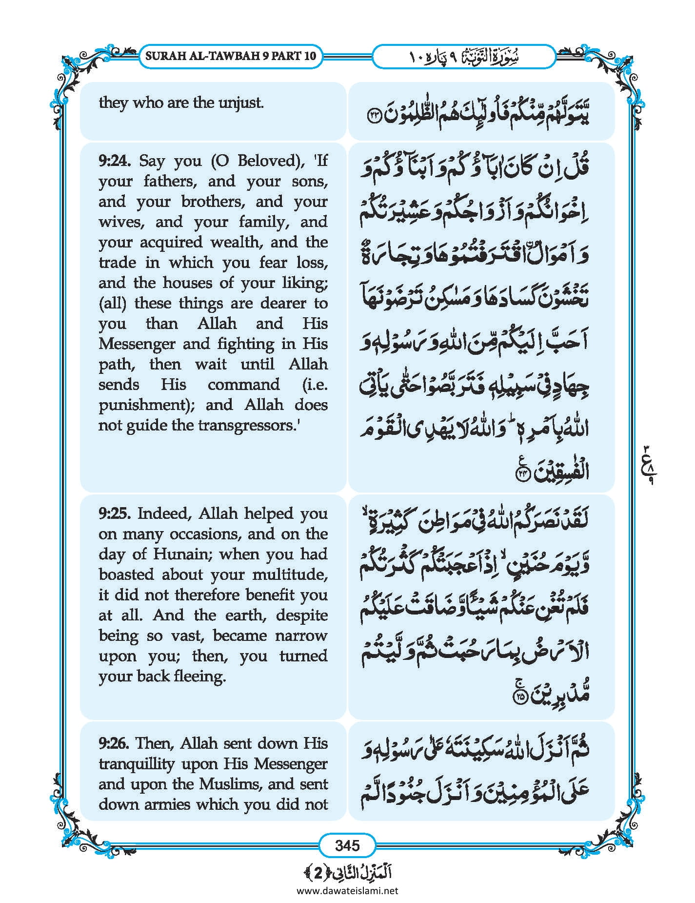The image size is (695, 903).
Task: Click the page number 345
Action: click(347, 845)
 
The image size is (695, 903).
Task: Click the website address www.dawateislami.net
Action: click(347, 890)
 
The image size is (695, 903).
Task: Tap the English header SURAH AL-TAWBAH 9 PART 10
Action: click(231, 56)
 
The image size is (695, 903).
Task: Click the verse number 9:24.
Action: click(116, 161)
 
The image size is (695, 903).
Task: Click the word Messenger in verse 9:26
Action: click(295, 764)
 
